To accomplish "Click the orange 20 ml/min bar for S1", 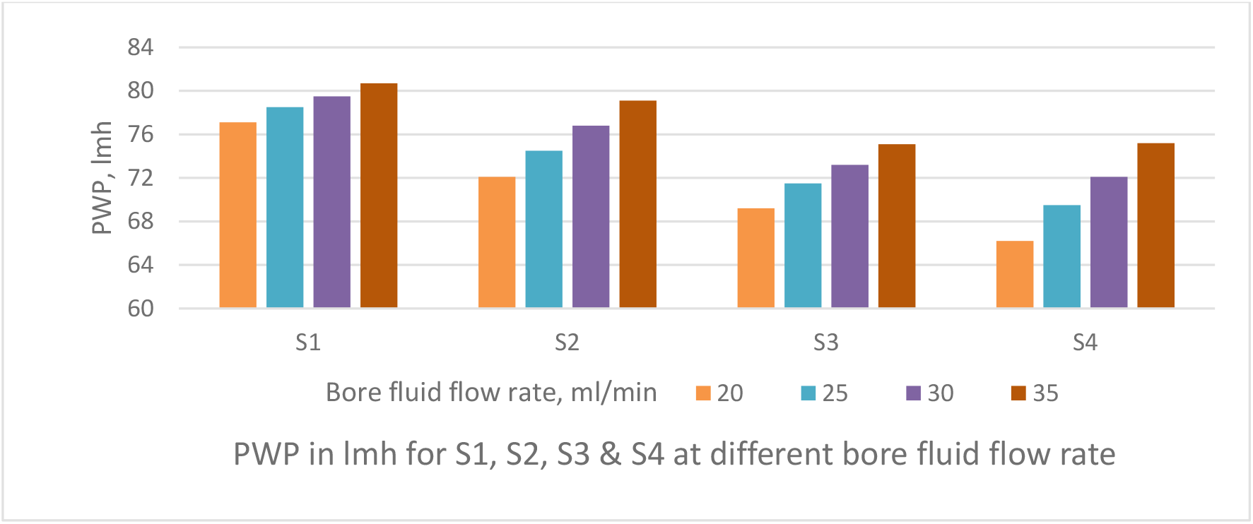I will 237,215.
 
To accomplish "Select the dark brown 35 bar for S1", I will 379,196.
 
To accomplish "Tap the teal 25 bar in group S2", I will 543,230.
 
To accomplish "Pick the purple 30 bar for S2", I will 591,217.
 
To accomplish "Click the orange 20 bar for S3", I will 755,258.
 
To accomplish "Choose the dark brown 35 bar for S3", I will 897,226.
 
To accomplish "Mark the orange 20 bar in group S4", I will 1015,275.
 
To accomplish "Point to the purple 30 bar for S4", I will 1109,242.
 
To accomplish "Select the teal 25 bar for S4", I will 1061,256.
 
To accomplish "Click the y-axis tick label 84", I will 140,47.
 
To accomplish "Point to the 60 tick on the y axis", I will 140,309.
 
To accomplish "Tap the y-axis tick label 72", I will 140,178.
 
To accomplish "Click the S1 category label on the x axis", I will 308,343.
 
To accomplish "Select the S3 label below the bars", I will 826,343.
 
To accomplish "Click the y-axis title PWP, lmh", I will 102,178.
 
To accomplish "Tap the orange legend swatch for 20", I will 703,393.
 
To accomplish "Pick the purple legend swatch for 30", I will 914,393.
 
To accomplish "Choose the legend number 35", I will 1045,393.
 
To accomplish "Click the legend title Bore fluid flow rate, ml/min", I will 491,393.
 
